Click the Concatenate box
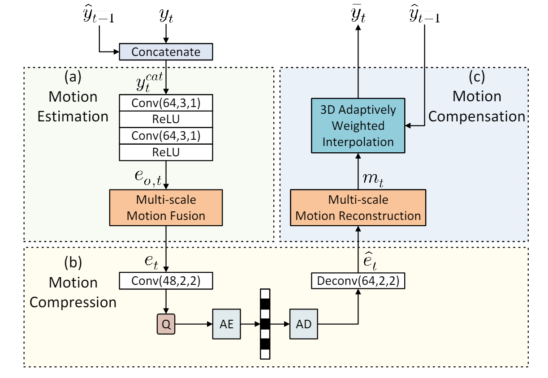[166, 52]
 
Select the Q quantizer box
[166, 324]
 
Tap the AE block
[227, 324]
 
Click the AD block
[304, 324]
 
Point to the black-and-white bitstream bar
[265, 323]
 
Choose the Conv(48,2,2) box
[166, 281]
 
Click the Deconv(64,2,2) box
[358, 281]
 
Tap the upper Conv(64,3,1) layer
[166, 103]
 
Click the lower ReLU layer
[166, 152]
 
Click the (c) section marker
[476, 77]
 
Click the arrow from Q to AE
[193, 324]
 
